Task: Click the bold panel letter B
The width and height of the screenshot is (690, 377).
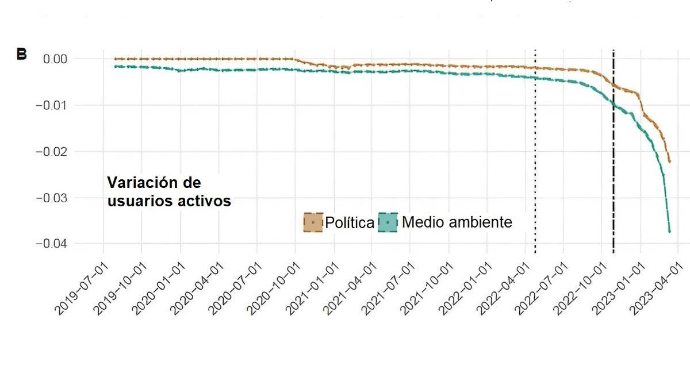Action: coord(21,55)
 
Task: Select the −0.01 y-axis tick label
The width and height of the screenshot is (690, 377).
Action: coord(51,105)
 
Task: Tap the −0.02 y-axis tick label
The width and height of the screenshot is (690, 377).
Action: coord(51,152)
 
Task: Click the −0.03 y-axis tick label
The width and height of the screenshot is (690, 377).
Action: coord(51,198)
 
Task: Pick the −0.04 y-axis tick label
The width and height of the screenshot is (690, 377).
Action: coord(51,244)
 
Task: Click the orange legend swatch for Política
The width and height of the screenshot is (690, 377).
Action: coord(313,222)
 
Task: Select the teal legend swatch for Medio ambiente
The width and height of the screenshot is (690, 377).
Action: coord(388,222)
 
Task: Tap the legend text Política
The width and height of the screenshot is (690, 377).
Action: coord(350,222)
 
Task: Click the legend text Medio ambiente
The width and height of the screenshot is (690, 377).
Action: coord(457,222)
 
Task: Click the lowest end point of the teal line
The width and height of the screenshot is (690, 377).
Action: coord(670,231)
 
